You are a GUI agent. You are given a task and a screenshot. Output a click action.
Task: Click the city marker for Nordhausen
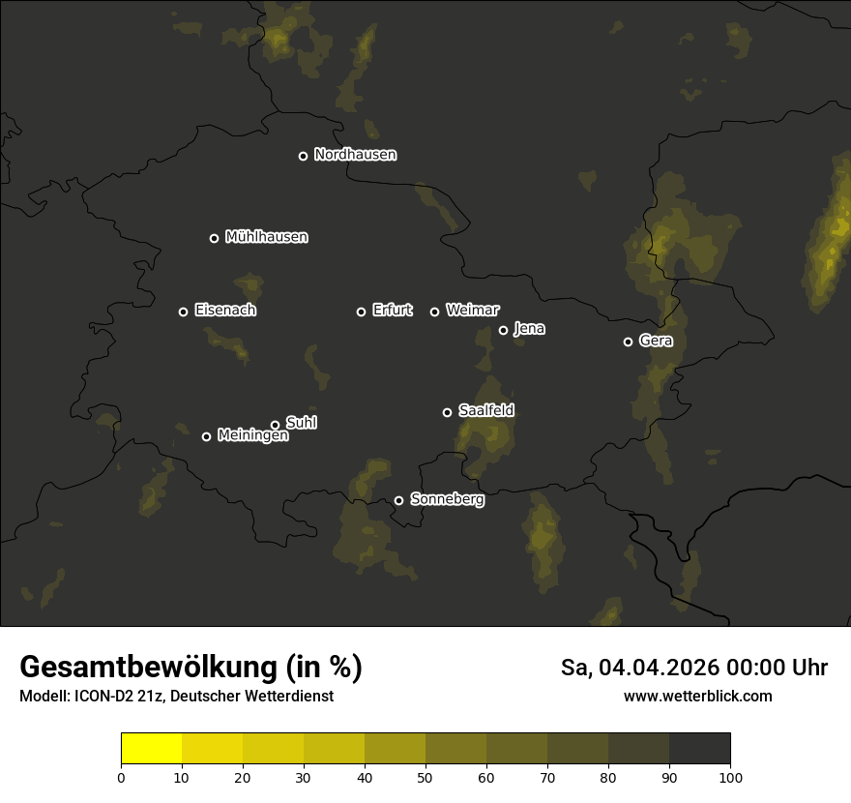coord(303,156)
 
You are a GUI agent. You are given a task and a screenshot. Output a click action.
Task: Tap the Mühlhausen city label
coord(266,237)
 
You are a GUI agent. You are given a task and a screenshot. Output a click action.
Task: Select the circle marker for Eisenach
coord(183,312)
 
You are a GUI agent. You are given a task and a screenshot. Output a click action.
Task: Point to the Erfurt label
coord(392,311)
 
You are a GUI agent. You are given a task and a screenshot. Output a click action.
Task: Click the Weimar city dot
coord(434,312)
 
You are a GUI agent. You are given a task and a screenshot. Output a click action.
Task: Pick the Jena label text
coord(529,329)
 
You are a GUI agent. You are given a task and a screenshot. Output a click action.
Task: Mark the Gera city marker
coord(628,342)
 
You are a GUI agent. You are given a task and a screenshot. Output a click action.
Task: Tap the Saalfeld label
coord(485,411)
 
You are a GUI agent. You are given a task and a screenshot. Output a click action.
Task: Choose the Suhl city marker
coord(275,425)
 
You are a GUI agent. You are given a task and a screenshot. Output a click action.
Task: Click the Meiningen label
coord(252,436)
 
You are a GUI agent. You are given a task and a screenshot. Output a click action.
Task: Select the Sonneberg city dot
coord(398,500)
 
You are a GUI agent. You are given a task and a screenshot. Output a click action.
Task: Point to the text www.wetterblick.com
coord(697,696)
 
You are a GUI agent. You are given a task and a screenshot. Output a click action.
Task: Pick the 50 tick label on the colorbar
coord(425,778)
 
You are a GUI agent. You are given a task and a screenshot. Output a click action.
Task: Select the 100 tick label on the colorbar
coord(730,778)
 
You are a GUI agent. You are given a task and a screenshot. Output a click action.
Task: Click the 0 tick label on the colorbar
coord(121,778)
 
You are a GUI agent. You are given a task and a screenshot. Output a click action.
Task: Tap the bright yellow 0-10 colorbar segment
coord(152,749)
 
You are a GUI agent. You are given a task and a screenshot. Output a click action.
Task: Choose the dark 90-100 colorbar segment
coord(699,749)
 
